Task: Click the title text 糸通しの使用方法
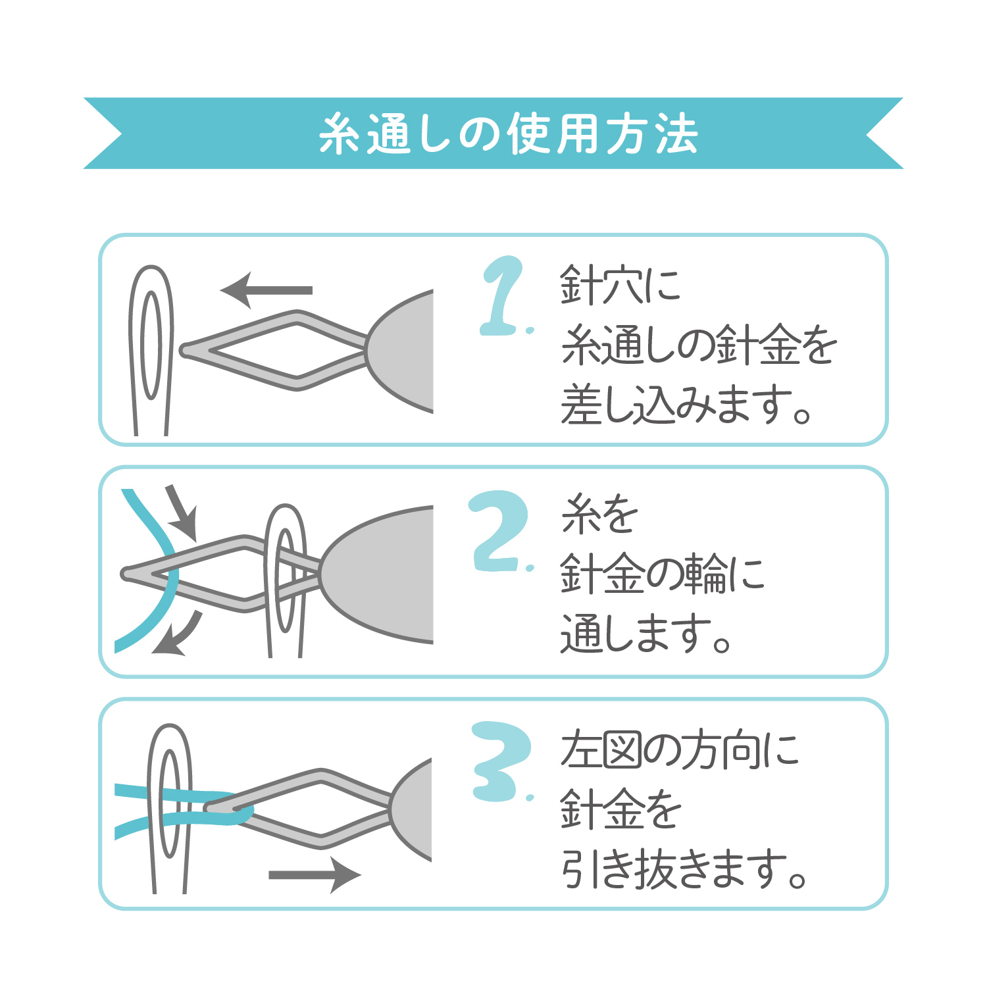pyautogui.click(x=508, y=134)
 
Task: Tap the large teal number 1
pyautogui.click(x=503, y=295)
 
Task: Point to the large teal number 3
pyautogui.click(x=501, y=761)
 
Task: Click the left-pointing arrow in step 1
pyautogui.click(x=266, y=290)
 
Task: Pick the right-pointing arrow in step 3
pyautogui.click(x=315, y=875)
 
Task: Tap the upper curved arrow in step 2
pyautogui.click(x=182, y=511)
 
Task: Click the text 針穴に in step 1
pyautogui.click(x=620, y=286)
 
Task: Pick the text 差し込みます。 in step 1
pyautogui.click(x=686, y=404)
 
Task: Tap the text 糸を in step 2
pyautogui.click(x=599, y=515)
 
